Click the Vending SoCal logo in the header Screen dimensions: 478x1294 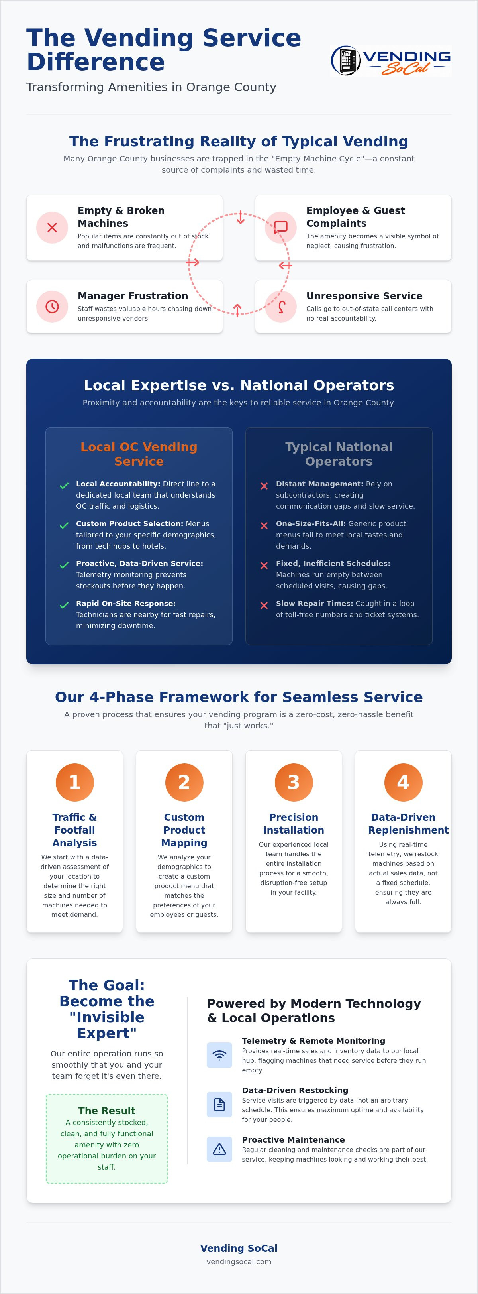pos(391,60)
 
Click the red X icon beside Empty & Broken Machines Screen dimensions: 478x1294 pos(52,228)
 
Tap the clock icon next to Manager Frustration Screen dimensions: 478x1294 pos(52,307)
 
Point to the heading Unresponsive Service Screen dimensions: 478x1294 pos(364,296)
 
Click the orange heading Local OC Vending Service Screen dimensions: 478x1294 pos(139,454)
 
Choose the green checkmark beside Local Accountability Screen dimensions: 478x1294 pos(64,486)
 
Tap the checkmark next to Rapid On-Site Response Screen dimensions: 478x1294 pos(64,605)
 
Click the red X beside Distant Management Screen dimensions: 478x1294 pos(264,486)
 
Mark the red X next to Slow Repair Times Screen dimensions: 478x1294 pos(264,605)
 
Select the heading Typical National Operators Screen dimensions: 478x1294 pos(339,454)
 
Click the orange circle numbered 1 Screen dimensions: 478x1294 pos(75,782)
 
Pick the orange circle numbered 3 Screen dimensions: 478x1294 pos(294,782)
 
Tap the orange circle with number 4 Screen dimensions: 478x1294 pos(403,782)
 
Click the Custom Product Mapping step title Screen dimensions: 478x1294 pos(184,830)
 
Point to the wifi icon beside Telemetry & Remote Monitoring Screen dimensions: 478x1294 pos(219,1055)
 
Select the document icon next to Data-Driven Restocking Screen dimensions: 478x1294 pos(219,1104)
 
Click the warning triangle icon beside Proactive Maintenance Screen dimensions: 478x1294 pos(219,1149)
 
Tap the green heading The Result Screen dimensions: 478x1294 pos(107,1110)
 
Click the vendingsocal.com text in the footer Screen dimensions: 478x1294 pos(239,1261)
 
